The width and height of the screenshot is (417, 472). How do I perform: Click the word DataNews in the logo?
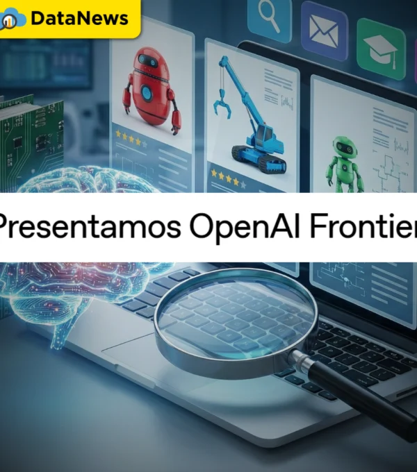tap(80, 19)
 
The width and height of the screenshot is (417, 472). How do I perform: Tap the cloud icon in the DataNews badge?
tap(13, 19)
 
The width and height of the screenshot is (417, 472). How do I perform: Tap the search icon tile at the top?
tap(269, 15)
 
